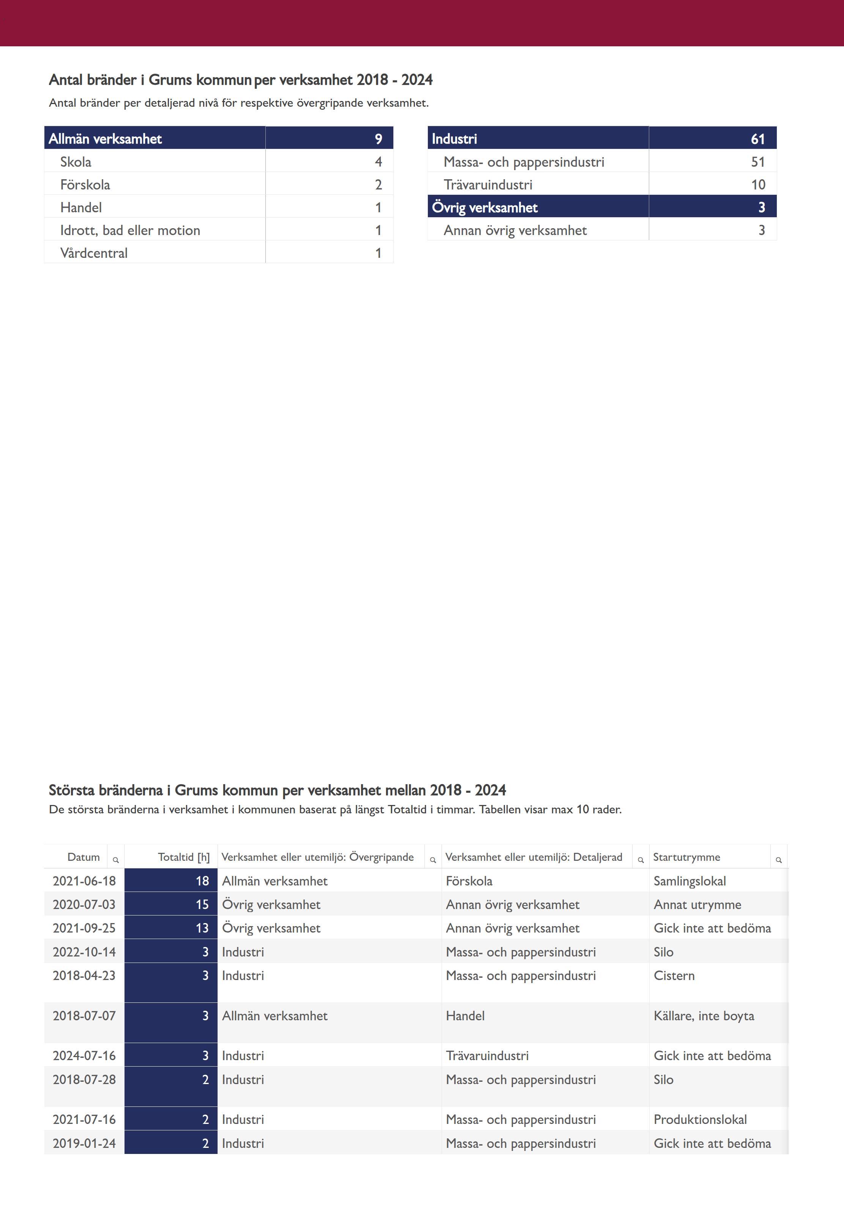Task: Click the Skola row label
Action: click(76, 162)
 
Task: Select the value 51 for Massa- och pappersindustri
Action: click(757, 162)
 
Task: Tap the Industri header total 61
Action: click(757, 139)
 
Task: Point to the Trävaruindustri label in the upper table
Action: click(487, 185)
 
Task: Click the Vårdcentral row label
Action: click(94, 253)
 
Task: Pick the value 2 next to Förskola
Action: click(378, 185)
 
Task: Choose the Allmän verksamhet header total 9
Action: click(378, 139)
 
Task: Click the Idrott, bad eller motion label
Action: click(130, 230)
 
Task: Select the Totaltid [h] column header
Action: click(183, 857)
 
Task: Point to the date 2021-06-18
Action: click(84, 881)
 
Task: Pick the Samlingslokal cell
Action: click(689, 881)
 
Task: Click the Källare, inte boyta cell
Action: click(703, 1015)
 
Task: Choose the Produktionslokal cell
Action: click(700, 1119)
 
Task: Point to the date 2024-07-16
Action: click(84, 1056)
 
